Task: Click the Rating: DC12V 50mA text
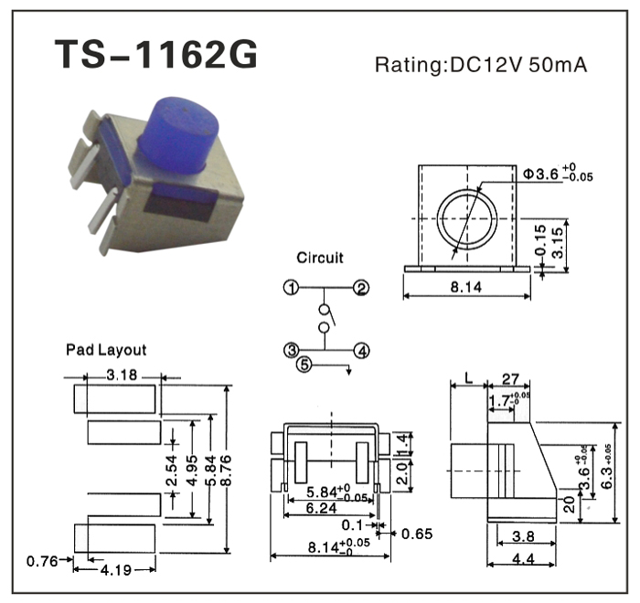(481, 66)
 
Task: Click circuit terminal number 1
(291, 289)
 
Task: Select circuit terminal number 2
(362, 289)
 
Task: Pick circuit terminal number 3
(291, 350)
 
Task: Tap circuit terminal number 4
(362, 350)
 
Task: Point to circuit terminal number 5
(306, 366)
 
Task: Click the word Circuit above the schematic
(320, 258)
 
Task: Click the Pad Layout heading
(106, 350)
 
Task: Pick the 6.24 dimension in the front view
(319, 507)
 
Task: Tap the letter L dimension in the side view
(468, 377)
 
